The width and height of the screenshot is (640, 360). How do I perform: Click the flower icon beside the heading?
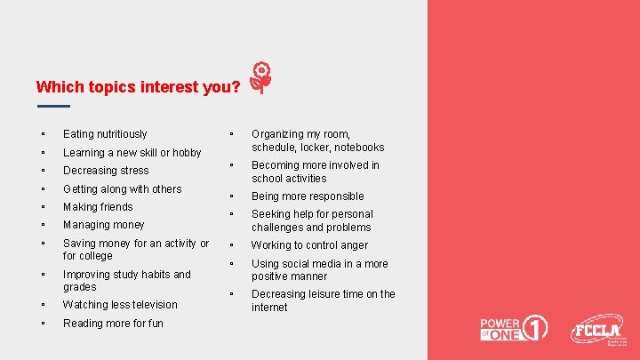pyautogui.click(x=260, y=78)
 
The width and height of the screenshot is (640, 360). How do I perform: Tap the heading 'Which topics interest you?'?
pyautogui.click(x=138, y=87)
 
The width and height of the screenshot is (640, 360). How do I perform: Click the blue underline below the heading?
pyautogui.click(x=53, y=107)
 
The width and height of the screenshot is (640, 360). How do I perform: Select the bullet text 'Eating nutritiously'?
pyautogui.click(x=105, y=134)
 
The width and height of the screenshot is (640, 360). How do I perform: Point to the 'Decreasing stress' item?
pyautogui.click(x=106, y=171)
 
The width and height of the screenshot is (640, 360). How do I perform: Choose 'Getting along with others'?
pyautogui.click(x=122, y=189)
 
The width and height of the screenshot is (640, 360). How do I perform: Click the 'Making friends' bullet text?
pyautogui.click(x=98, y=207)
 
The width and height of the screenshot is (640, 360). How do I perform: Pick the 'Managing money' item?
pyautogui.click(x=103, y=225)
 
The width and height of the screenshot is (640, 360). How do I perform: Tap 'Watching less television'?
pyautogui.click(x=120, y=305)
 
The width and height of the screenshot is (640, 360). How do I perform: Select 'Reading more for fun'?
pyautogui.click(x=113, y=324)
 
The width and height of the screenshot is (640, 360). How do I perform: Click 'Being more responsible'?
pyautogui.click(x=308, y=196)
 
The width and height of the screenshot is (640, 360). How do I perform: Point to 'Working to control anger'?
pyautogui.click(x=309, y=245)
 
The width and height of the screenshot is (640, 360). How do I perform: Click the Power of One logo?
pyautogui.click(x=514, y=329)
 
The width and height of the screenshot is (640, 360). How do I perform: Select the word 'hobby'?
pyautogui.click(x=186, y=153)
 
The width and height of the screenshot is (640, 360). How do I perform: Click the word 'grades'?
pyautogui.click(x=80, y=287)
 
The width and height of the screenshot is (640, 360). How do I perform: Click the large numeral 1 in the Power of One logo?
pyautogui.click(x=535, y=328)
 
